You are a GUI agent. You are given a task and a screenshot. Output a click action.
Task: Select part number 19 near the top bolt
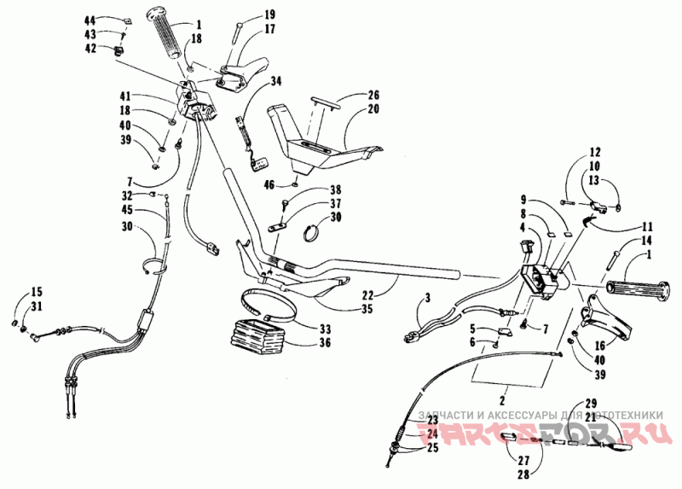[x=246, y=15]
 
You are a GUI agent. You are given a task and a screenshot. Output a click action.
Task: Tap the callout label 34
[x=276, y=82]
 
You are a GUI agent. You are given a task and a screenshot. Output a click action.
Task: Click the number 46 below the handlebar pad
[x=269, y=183]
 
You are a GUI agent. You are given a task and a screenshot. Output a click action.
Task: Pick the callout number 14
[x=633, y=242]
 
